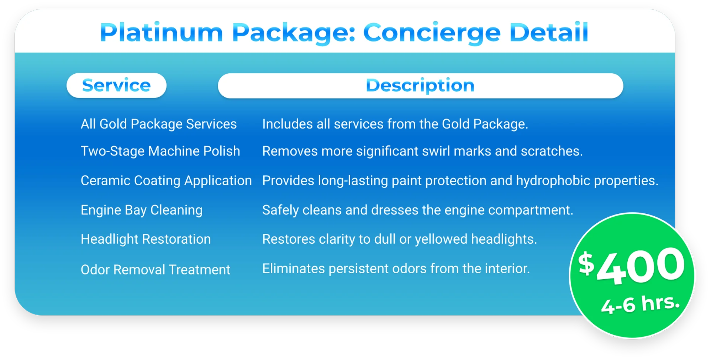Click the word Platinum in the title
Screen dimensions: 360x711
coord(161,33)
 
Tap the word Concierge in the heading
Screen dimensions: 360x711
coord(432,33)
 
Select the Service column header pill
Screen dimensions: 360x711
coord(116,86)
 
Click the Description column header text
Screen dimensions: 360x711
coord(420,86)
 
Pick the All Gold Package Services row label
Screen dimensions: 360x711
coord(158,124)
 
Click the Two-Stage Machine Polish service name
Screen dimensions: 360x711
coord(160,151)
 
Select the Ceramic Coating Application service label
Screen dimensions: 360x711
coord(166,181)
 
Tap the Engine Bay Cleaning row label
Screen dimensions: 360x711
coord(141,210)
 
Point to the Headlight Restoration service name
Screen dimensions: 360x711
coord(146,239)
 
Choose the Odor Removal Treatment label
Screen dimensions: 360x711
coord(156,270)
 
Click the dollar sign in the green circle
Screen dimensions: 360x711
coord(586,263)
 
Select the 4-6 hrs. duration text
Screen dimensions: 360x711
coord(640,304)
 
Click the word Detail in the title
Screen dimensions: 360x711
coord(548,33)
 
